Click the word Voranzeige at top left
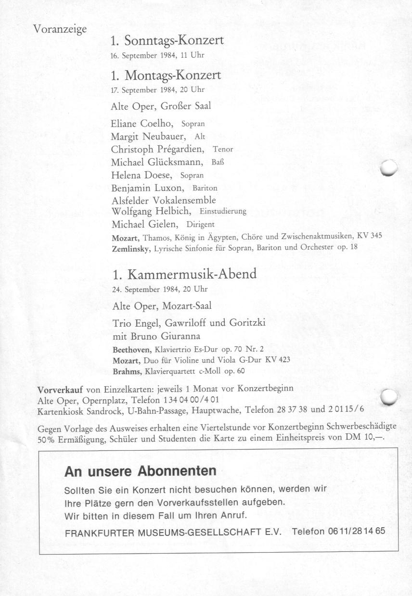(x=60, y=29)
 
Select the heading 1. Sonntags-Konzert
(x=167, y=41)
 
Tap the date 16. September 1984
(x=141, y=55)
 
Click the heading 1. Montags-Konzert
(x=166, y=76)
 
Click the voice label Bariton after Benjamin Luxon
(x=205, y=188)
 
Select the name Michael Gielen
(x=142, y=224)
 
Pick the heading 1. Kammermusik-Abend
(x=184, y=275)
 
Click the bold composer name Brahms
(x=126, y=371)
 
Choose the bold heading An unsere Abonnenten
(x=140, y=471)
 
